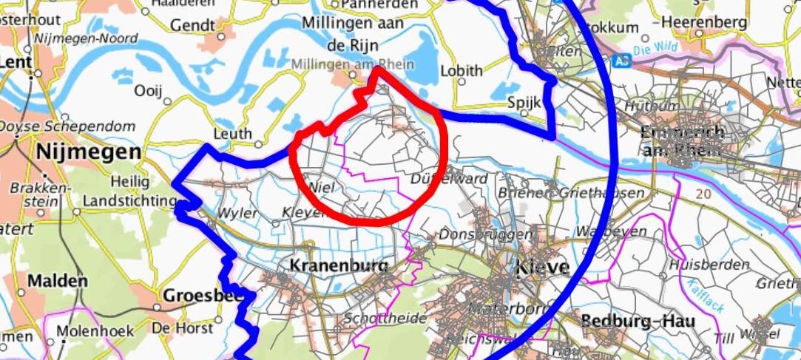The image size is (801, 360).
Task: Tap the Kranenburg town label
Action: (x=339, y=265)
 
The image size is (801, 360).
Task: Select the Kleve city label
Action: (x=544, y=267)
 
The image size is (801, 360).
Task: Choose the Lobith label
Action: (x=461, y=71)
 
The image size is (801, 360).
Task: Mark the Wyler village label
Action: (x=237, y=214)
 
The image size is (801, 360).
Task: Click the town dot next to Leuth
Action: (x=259, y=135)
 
